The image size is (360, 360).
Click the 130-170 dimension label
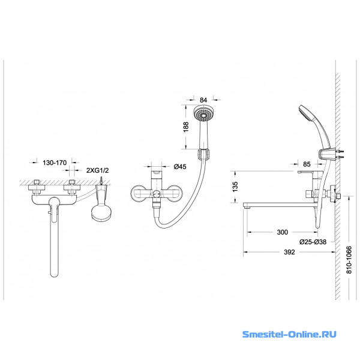55,163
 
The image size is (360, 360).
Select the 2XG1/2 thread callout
97,170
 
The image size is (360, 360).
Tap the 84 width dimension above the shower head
203,100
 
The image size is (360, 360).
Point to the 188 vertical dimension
186,127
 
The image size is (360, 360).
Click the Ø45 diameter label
180,166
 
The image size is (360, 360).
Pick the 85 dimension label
307,164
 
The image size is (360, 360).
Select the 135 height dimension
235,187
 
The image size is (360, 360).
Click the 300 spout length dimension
282,232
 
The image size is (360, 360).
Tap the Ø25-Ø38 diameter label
313,242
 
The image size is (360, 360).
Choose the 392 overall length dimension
289,252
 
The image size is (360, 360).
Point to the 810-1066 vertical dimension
349,260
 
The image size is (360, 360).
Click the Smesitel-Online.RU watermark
289,334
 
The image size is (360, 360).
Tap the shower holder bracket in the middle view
203,154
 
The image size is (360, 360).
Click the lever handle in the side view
311,172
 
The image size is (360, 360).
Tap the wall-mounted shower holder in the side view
326,155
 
